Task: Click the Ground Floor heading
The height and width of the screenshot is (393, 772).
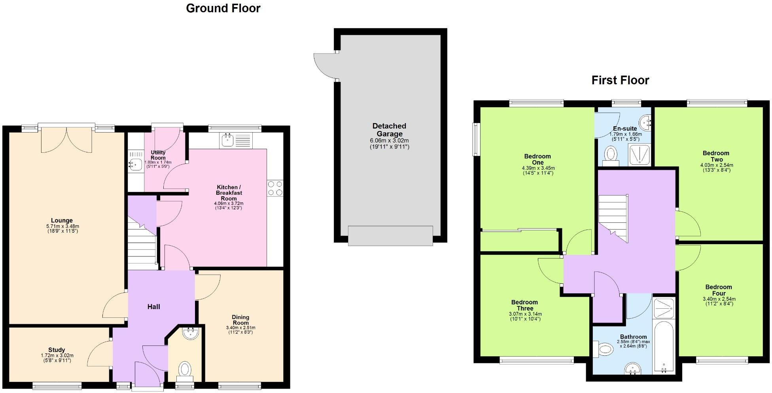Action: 223,8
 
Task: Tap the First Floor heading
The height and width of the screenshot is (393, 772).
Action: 620,80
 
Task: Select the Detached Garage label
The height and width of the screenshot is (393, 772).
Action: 389,130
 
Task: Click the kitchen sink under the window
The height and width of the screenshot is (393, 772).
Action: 227,140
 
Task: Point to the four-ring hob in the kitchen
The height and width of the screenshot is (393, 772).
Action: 275,188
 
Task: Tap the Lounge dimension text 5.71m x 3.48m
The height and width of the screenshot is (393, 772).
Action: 62,226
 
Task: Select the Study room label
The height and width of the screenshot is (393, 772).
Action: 57,350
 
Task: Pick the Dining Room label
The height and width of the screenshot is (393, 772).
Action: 240,320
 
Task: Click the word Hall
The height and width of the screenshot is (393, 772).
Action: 153,307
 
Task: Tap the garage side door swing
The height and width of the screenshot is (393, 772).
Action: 324,65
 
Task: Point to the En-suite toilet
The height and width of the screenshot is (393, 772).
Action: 611,155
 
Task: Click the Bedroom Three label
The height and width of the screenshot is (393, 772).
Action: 524,305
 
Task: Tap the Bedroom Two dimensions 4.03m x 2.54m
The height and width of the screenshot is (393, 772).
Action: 716,165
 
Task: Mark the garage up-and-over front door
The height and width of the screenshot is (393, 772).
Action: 390,236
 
